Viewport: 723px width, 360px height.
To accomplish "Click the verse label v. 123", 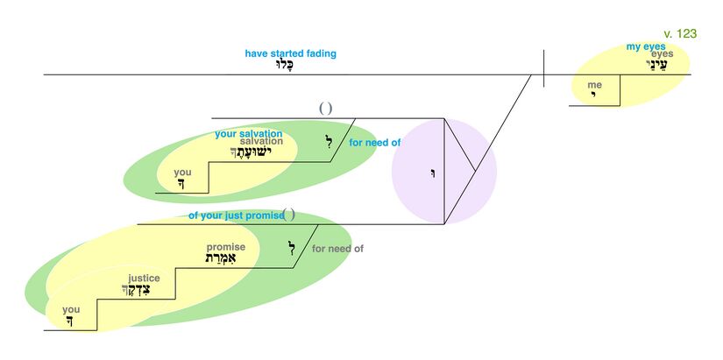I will pos(680,33).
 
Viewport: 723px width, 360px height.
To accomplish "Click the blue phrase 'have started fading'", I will pos(290,53).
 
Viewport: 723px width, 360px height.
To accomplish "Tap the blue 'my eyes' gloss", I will pos(645,46).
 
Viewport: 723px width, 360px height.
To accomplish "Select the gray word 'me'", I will pos(595,85).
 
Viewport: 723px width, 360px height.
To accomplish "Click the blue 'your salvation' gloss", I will pos(248,134).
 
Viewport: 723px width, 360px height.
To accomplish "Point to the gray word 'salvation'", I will pos(261,142).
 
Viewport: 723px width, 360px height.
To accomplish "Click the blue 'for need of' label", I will pos(374,142).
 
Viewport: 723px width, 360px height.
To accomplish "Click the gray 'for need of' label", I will pos(337,249).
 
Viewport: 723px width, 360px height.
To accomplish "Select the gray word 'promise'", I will pos(225,247).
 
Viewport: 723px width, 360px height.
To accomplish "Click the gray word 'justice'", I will pos(144,278).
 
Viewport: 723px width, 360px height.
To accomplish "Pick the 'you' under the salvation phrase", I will pos(182,173).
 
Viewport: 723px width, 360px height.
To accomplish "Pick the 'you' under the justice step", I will pos(71,309).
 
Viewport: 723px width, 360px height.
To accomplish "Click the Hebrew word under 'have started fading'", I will pos(290,65).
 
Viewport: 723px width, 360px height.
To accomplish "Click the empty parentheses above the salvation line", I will pos(325,109).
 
